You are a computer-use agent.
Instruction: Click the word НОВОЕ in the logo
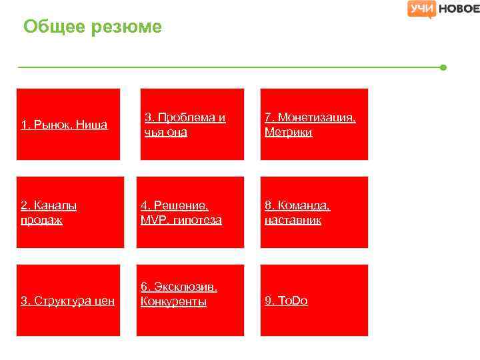click(459, 9)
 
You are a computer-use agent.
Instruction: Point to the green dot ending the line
click(443, 67)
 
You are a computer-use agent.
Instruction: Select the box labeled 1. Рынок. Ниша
click(68, 124)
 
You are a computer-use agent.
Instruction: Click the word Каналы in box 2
click(53, 205)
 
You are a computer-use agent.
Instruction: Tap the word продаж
click(42, 220)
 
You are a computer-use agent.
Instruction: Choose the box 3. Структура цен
click(68, 301)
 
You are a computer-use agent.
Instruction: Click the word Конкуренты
click(173, 301)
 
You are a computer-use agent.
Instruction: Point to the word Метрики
click(288, 132)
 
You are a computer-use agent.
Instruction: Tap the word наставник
click(293, 220)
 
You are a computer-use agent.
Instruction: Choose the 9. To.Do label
click(286, 301)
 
